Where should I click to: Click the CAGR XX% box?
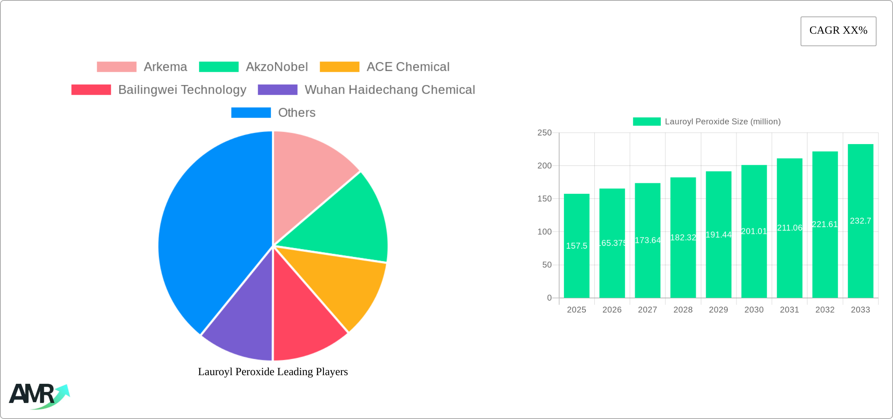coord(838,31)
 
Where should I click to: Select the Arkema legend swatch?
coord(116,67)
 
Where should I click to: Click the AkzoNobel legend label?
coord(277,67)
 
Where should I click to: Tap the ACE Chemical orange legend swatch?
coord(339,67)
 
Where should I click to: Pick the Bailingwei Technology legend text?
coord(182,90)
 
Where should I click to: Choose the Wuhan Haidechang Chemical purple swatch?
coord(277,90)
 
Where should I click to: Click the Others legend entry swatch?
coord(251,113)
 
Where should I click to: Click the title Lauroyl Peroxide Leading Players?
coord(273,372)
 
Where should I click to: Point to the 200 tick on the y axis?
coord(544,166)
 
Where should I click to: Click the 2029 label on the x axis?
coord(718,310)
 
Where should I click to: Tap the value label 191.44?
coord(718,235)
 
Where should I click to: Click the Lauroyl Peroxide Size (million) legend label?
coord(723,122)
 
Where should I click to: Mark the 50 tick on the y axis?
coord(547,265)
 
